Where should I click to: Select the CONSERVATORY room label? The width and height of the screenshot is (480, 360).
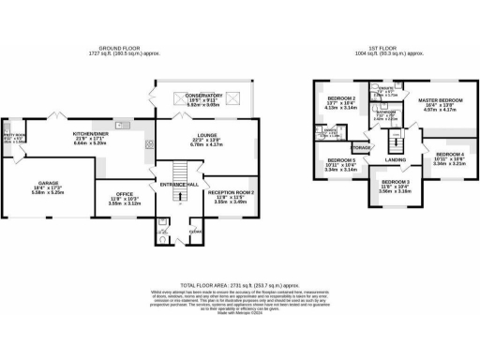pyautogui.click(x=203, y=96)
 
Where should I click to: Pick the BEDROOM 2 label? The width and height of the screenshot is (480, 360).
pyautogui.click(x=341, y=99)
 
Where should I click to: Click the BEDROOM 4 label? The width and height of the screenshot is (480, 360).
pyautogui.click(x=448, y=154)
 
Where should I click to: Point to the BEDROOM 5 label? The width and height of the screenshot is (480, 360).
pyautogui.click(x=339, y=161)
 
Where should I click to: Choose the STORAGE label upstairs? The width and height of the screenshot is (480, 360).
pyautogui.click(x=362, y=148)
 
